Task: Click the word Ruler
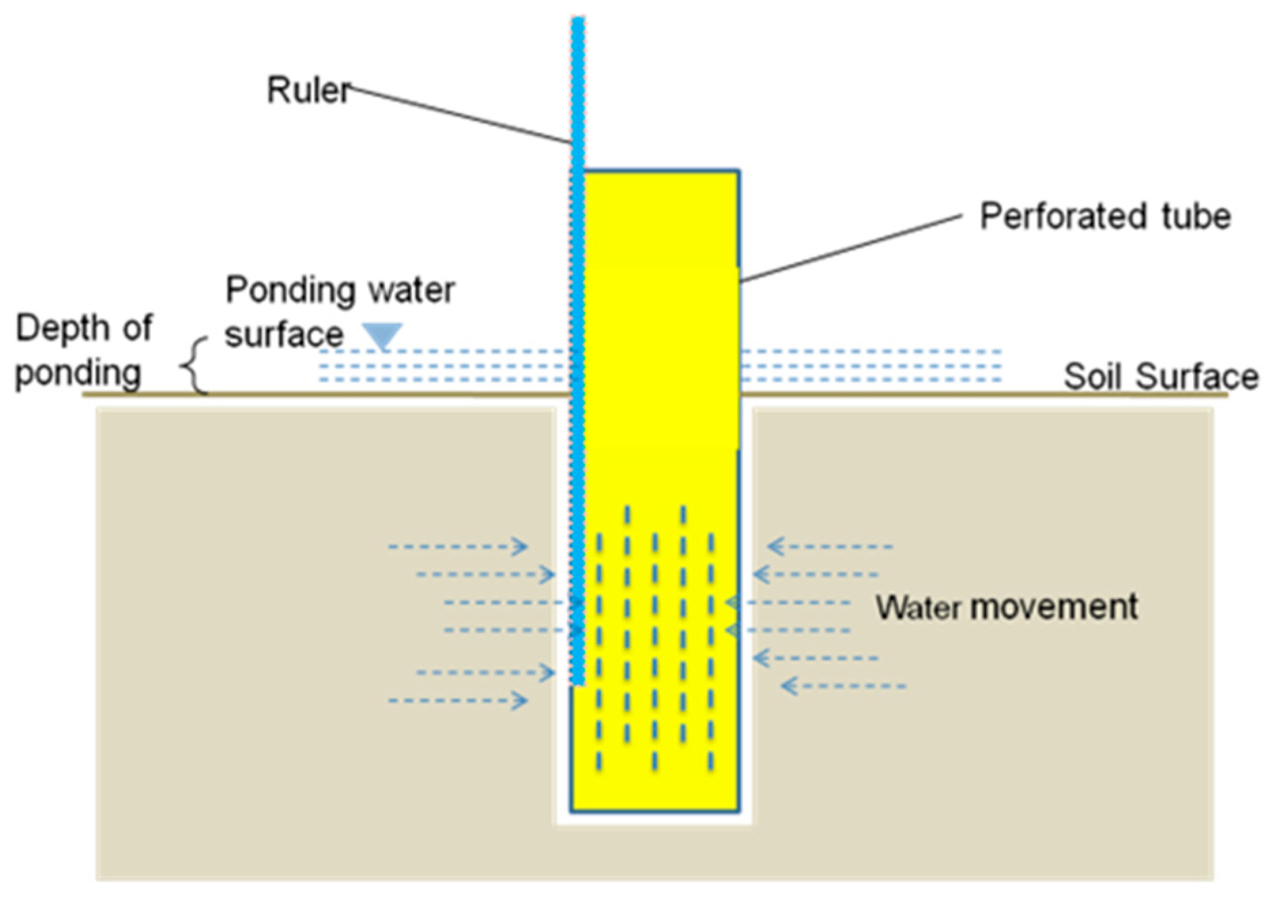(x=308, y=90)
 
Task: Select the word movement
(x=1053, y=607)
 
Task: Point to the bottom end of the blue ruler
(x=577, y=683)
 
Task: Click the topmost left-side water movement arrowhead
(x=521, y=546)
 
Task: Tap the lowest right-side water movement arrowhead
(x=789, y=686)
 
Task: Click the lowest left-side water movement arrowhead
(x=521, y=700)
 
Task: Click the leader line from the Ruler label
(x=462, y=116)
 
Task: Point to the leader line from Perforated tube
(x=850, y=248)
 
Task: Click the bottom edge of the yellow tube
(x=655, y=811)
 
